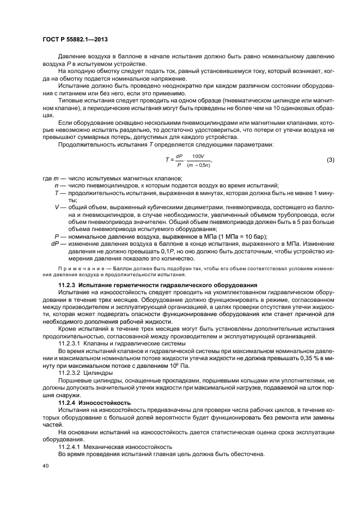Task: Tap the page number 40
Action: pyautogui.click(x=45, y=466)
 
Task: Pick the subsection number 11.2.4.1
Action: pyautogui.click(x=70, y=446)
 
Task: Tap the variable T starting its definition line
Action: pyautogui.click(x=57, y=193)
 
